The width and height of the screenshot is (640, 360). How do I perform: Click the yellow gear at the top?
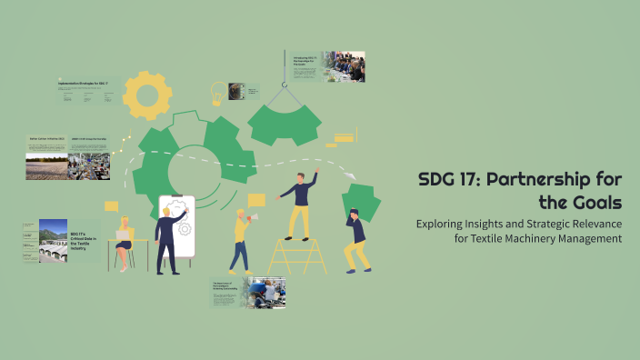point(147,95)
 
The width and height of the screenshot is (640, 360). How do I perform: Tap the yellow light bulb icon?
point(218,94)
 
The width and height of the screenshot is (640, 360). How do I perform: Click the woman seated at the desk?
point(124,241)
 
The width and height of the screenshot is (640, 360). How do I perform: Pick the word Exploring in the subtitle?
point(443,222)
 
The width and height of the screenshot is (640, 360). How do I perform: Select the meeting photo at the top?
point(344,66)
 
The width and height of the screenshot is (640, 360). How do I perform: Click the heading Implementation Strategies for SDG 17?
point(83,84)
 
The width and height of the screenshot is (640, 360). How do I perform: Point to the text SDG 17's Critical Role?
point(85,240)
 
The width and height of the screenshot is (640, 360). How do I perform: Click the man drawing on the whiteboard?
point(168,237)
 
